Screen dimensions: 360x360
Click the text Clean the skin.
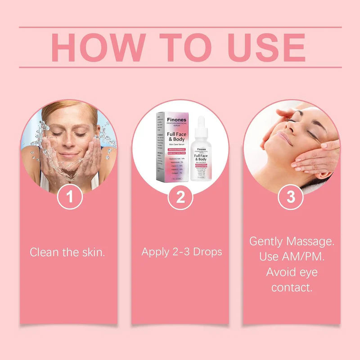coord(67,252)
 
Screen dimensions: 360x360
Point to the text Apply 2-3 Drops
coord(182,252)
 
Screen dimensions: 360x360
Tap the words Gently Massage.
coord(292,241)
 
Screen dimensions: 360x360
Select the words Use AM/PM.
coord(292,257)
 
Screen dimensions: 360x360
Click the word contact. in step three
coord(292,288)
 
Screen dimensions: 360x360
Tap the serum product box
coord(171,146)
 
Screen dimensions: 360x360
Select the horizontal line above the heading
coord(180,27)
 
